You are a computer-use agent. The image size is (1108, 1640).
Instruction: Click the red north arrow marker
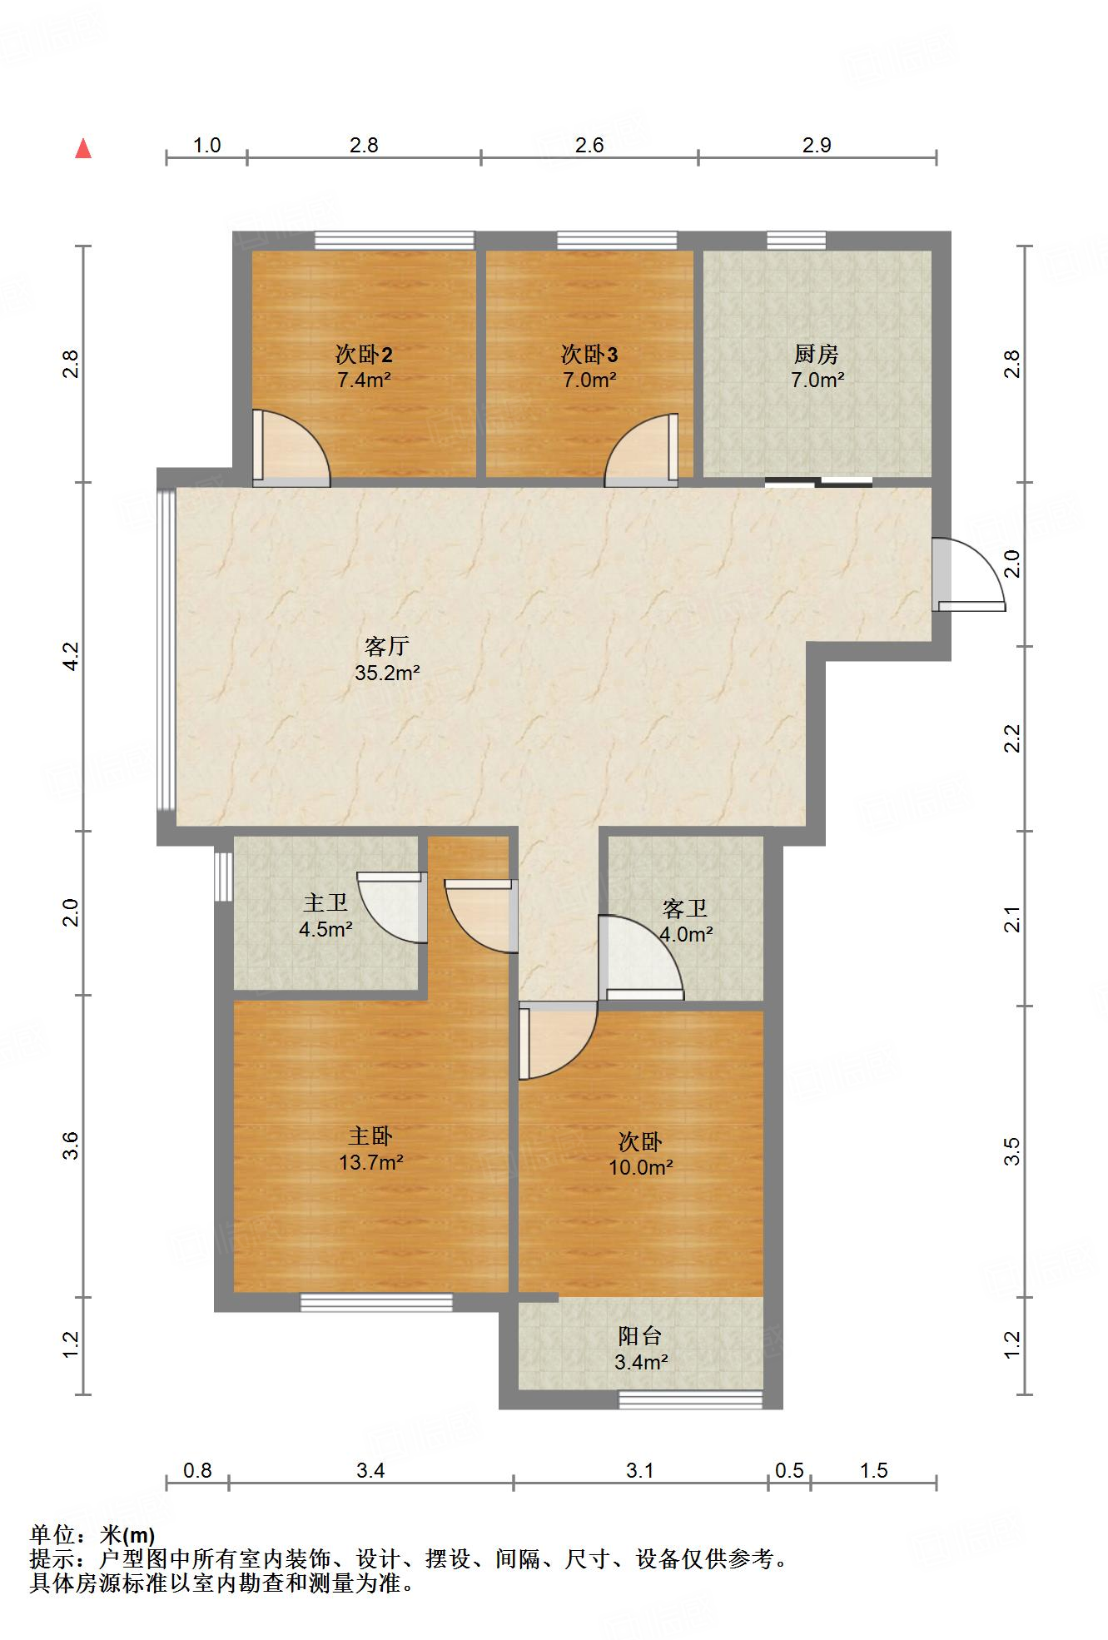click(83, 148)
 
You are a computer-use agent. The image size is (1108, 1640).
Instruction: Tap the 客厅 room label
click(387, 646)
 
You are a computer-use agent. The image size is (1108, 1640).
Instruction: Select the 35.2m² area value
click(387, 673)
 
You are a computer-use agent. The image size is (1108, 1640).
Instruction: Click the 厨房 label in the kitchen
click(816, 355)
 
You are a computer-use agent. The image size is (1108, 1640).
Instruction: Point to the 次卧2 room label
click(364, 355)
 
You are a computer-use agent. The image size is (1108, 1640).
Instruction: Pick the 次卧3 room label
click(589, 355)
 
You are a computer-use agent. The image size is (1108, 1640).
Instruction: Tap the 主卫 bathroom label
click(325, 902)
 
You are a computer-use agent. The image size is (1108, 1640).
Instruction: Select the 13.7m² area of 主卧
click(370, 1162)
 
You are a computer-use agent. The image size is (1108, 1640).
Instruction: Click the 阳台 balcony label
click(640, 1336)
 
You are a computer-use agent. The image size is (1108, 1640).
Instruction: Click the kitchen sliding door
click(818, 481)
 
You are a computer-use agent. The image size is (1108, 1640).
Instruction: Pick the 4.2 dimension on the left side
click(72, 656)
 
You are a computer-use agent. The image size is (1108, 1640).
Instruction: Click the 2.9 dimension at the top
click(817, 145)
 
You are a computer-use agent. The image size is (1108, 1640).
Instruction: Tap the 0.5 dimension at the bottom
click(789, 1470)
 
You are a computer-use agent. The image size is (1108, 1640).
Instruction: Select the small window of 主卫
click(222, 876)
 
